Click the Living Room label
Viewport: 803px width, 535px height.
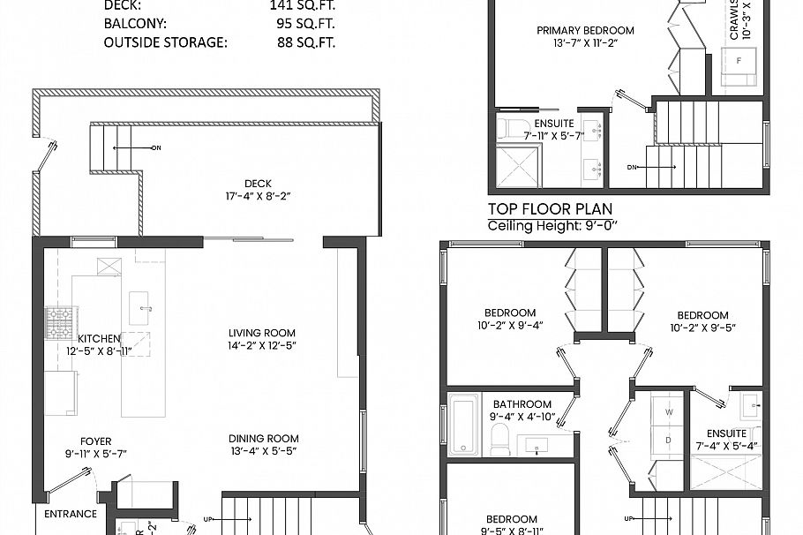(262, 333)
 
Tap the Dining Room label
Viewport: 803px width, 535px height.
(263, 439)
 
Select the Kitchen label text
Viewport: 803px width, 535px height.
(99, 338)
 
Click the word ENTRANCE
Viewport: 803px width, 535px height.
(71, 514)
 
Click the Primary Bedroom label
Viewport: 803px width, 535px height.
(585, 31)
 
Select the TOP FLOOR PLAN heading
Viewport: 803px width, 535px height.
(551, 210)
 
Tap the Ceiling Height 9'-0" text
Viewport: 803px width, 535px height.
(552, 226)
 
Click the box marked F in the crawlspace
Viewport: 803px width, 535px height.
(738, 60)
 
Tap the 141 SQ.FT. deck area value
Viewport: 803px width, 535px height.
(302, 6)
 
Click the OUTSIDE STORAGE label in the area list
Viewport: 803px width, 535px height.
(165, 41)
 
